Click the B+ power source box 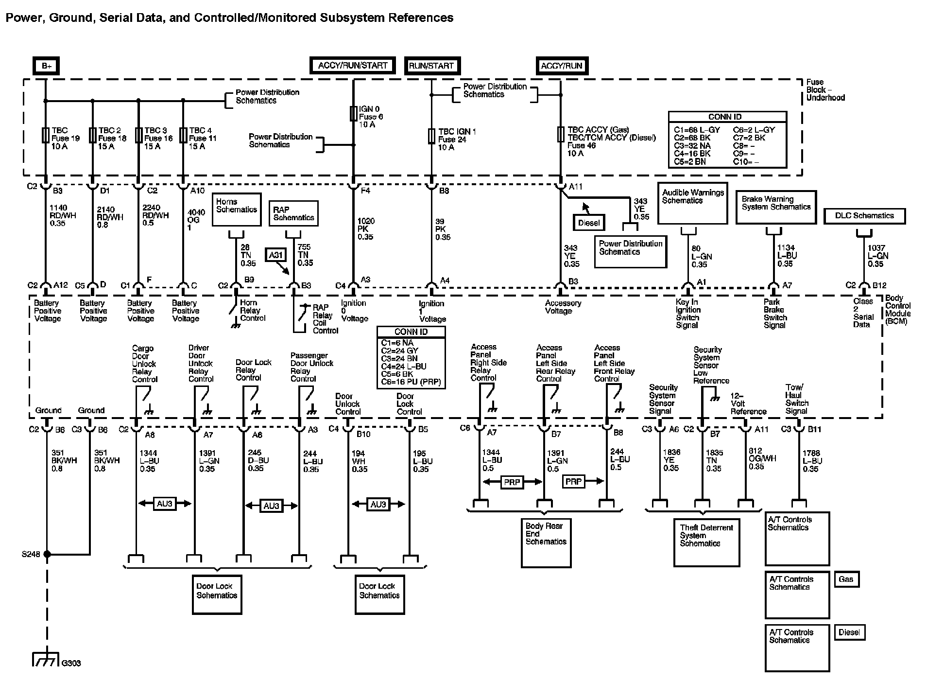pyautogui.click(x=46, y=66)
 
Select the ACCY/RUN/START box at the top pyautogui.click(x=353, y=66)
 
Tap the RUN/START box pyautogui.click(x=431, y=66)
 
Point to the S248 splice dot pyautogui.click(x=47, y=554)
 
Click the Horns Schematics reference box pyautogui.click(x=237, y=210)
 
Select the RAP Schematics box pyautogui.click(x=293, y=213)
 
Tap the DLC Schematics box pyautogui.click(x=864, y=216)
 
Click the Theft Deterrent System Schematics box pyautogui.click(x=706, y=542)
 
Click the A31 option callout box pyautogui.click(x=275, y=255)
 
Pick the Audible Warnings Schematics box pyautogui.click(x=693, y=203)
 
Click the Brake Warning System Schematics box pyautogui.click(x=776, y=207)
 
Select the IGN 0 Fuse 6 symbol pyautogui.click(x=353, y=114)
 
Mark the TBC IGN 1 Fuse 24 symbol pyautogui.click(x=431, y=136)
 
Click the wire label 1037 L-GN pyautogui.click(x=878, y=256)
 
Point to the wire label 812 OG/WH pyautogui.click(x=762, y=458)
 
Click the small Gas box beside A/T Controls pyautogui.click(x=846, y=579)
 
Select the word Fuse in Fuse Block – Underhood pyautogui.click(x=815, y=82)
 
